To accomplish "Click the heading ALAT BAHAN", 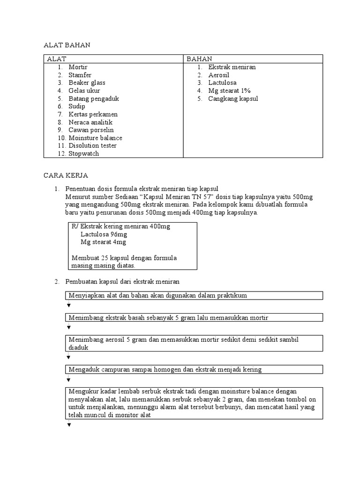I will pos(67,45).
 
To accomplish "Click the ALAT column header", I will pos(57,59).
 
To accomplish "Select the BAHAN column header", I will pos(199,59).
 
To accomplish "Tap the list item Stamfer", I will pos(80,75).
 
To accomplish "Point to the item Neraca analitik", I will pos(90,122).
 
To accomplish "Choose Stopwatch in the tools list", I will pos(83,154).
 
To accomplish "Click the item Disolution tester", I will pos(92,146).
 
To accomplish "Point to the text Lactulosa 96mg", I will pos(104,234).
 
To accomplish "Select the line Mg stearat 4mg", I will pos(103,242).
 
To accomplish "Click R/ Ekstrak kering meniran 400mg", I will pos(121,226).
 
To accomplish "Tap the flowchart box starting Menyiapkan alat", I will pos(193,295).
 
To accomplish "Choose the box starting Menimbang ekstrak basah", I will pos(193,318).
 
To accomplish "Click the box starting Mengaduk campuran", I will pos(193,369).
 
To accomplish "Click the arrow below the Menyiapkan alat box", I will pos(69,305).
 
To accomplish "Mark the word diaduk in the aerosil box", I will pos(78,348).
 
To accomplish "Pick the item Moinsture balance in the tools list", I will pos(95,138).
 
